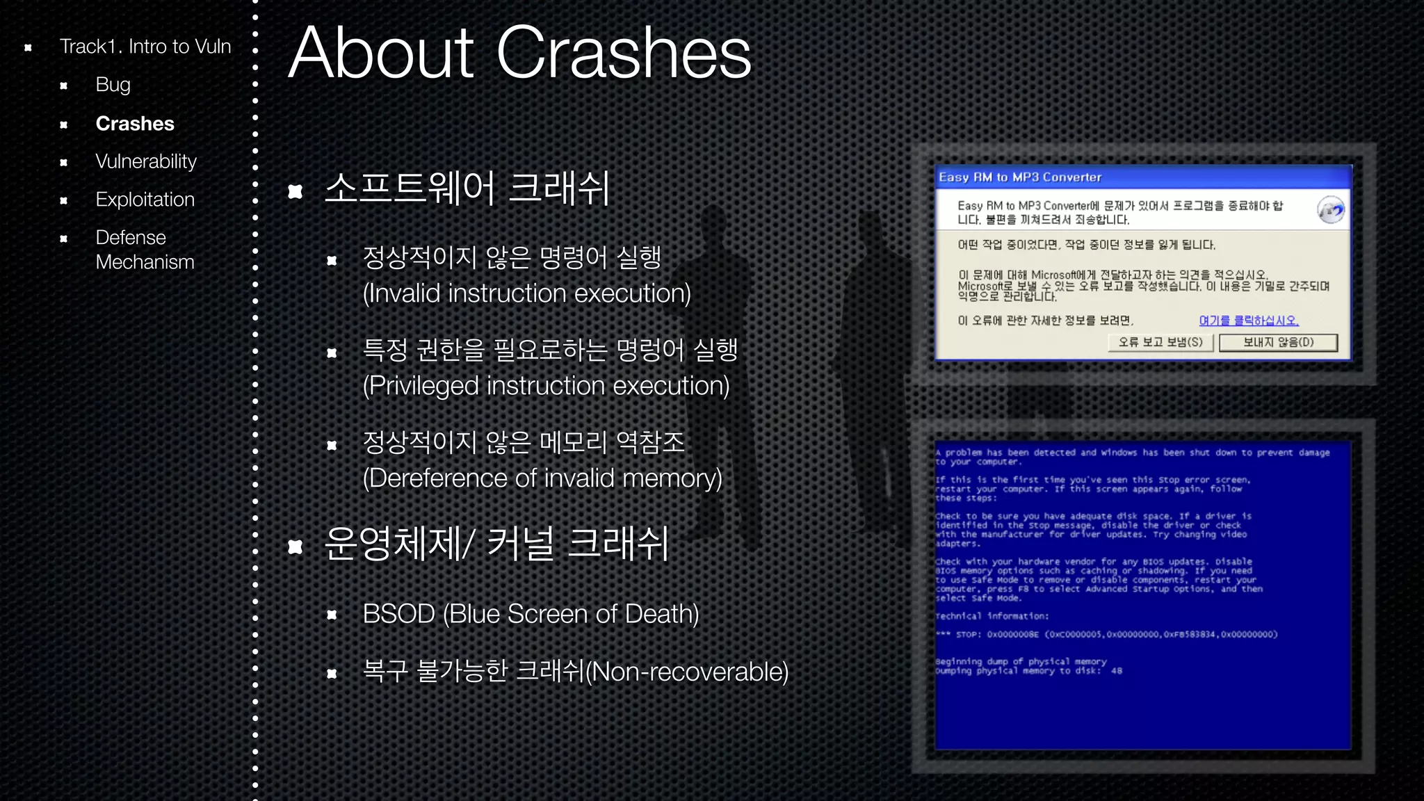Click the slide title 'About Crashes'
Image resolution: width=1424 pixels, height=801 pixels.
pos(519,53)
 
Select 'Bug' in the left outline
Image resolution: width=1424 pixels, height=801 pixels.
pos(113,85)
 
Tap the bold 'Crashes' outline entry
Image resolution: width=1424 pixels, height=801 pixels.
pos(135,124)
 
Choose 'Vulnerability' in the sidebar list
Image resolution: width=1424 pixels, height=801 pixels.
pos(146,161)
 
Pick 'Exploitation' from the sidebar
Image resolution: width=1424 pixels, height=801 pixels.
pos(145,200)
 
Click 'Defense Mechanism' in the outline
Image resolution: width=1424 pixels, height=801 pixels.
pos(145,250)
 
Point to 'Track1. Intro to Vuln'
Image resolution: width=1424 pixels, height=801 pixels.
pos(145,47)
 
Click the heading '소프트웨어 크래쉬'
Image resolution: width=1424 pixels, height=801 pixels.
pos(467,188)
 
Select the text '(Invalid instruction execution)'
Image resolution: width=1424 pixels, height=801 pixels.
pos(526,293)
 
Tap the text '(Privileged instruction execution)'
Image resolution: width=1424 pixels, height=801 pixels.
pos(546,386)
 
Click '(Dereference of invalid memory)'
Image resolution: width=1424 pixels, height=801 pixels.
pos(542,478)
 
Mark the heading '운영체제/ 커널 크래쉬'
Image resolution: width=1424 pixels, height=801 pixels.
pos(496,544)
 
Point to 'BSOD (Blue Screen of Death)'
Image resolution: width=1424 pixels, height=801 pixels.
pos(531,614)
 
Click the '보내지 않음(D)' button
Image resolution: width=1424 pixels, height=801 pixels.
pos(1278,342)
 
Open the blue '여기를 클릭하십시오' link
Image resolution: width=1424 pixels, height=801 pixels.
pos(1249,321)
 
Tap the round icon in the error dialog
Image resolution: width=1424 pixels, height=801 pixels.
pos(1330,210)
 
